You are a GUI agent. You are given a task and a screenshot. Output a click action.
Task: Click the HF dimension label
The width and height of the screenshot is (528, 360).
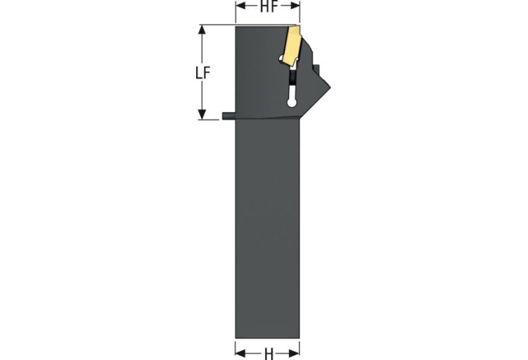[x=268, y=6]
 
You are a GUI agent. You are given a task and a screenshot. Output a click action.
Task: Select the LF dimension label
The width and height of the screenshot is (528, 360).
[x=203, y=73]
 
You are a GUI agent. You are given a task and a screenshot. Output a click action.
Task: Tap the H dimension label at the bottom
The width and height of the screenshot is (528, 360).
[x=268, y=354]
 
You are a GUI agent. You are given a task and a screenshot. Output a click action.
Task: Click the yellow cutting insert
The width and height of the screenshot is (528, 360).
[x=292, y=45]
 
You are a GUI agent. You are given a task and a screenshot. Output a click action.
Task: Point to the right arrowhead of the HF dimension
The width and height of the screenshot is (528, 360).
[x=295, y=6]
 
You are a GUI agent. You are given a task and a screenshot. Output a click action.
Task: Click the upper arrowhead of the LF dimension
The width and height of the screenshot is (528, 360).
[x=202, y=30]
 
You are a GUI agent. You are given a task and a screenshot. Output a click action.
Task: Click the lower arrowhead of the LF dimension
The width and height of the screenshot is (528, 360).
[x=202, y=114]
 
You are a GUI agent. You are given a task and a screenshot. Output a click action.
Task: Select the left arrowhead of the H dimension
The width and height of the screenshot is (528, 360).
[x=240, y=353]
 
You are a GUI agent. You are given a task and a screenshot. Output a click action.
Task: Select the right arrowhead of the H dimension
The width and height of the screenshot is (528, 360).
[x=294, y=353]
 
